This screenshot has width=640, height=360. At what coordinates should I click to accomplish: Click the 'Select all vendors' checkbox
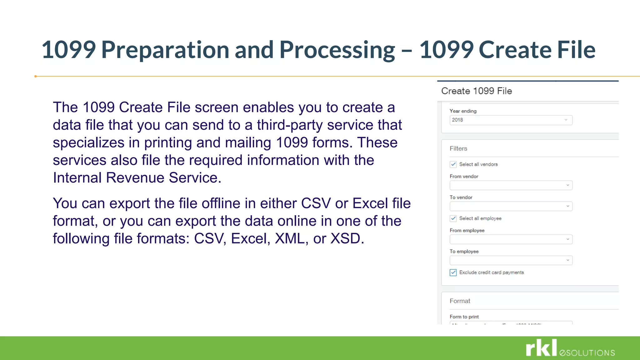pos(453,164)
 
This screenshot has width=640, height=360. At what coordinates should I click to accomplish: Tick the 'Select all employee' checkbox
pos(453,218)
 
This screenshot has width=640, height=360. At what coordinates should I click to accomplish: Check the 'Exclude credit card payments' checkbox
pos(453,272)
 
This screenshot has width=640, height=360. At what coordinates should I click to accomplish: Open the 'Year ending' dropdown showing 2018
pos(511,120)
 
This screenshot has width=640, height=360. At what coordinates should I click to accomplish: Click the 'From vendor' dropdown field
pos(511,185)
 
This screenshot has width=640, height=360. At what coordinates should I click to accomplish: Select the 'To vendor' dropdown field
pos(511,206)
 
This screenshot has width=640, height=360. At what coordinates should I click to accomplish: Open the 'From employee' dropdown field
pos(511,239)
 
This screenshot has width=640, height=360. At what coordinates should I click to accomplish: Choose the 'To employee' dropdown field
pos(511,260)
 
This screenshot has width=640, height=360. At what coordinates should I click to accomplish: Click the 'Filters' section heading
pos(458,149)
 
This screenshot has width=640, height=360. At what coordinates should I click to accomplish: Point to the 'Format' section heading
pos(460,301)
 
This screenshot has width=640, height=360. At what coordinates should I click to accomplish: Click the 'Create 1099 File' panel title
pos(476,91)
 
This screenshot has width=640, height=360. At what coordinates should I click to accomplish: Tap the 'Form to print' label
pos(464,317)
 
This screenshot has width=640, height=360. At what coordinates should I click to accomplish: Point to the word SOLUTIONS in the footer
pos(590,353)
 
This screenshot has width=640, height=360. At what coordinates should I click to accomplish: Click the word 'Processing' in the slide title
pos(337,50)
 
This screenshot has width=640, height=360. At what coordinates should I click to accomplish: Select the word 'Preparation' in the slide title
pos(165,50)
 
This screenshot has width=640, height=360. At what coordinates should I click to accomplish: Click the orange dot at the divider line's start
pos(36,76)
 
